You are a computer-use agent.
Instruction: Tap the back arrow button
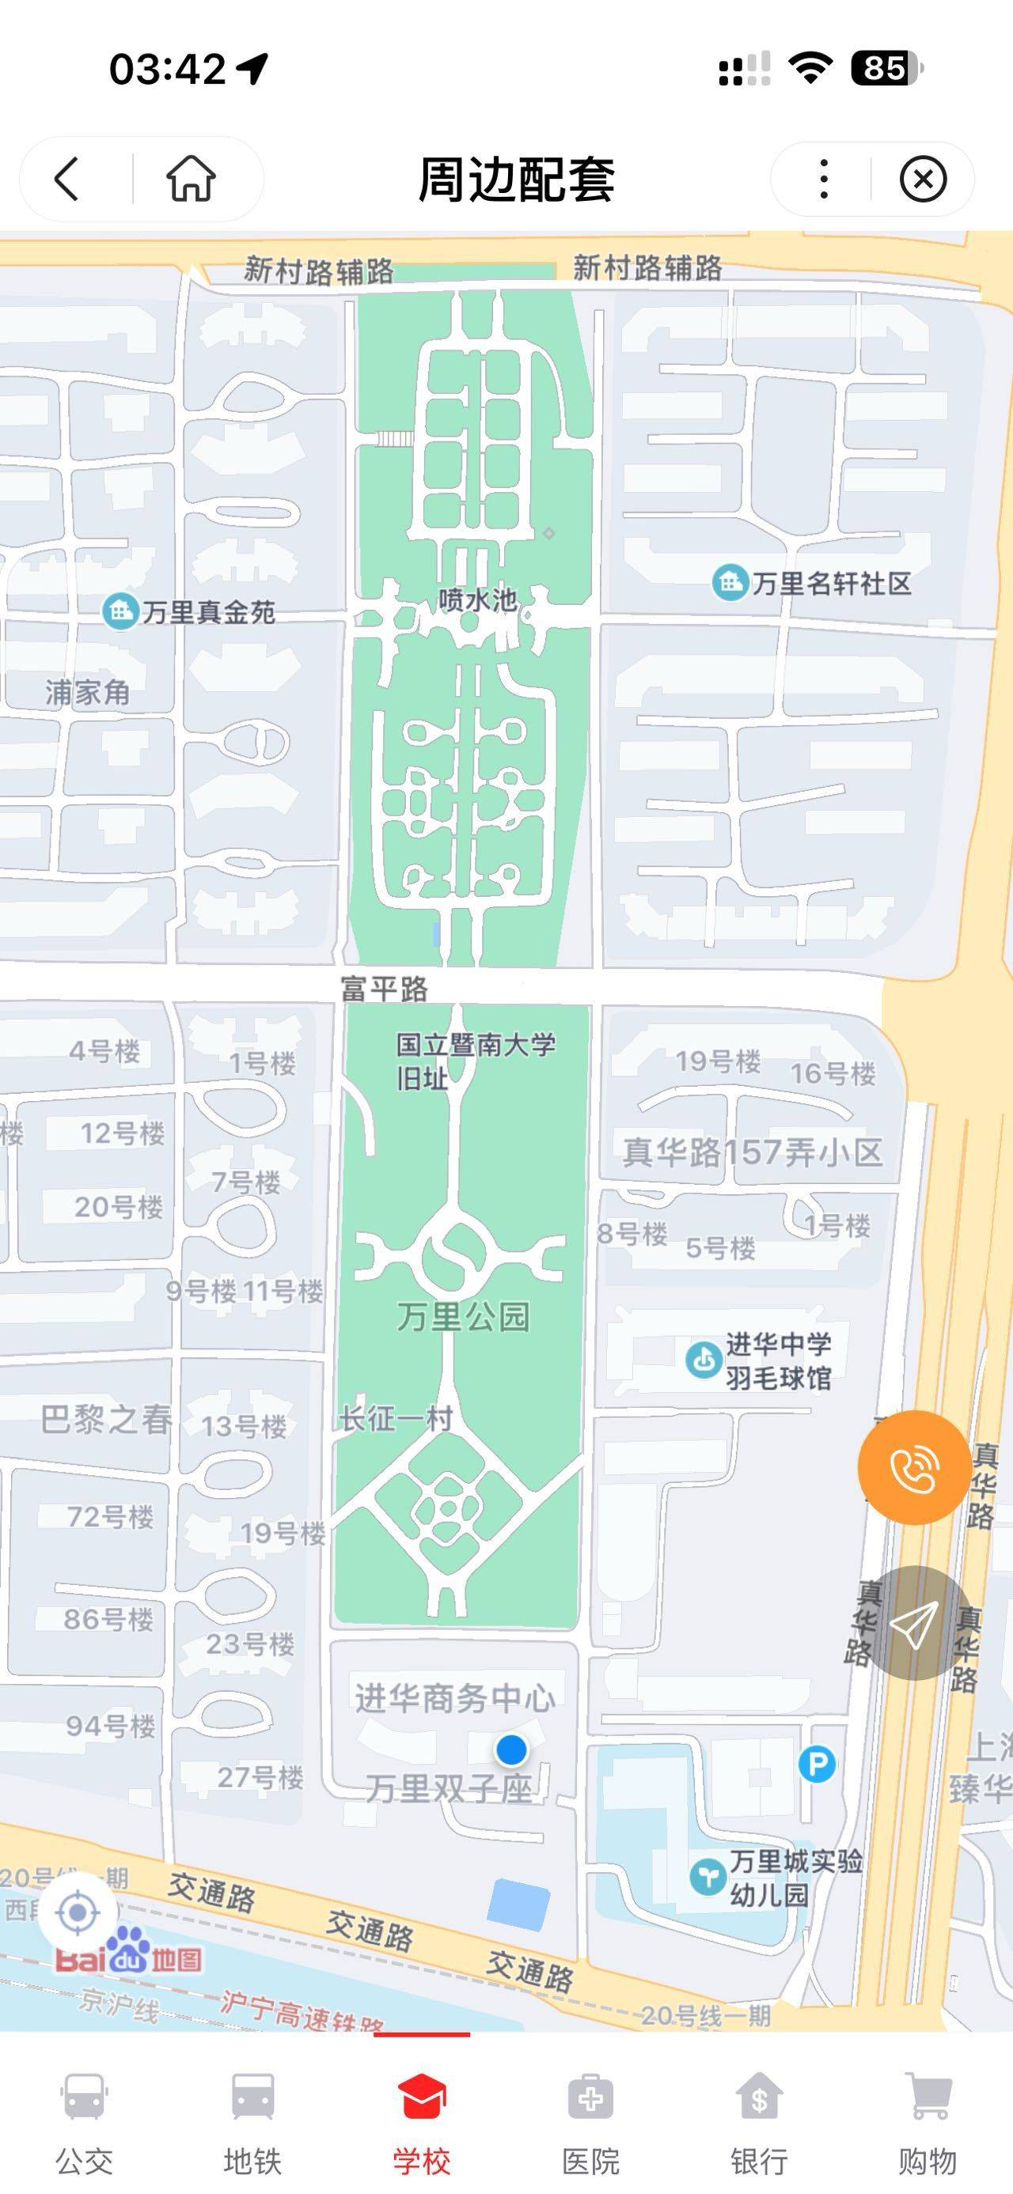[66, 179]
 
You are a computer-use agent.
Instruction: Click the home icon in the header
[190, 179]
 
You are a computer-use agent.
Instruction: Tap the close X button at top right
[923, 179]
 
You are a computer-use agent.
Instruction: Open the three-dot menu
[823, 179]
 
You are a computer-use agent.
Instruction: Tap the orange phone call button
[914, 1466]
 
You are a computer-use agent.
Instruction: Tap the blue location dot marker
[511, 1750]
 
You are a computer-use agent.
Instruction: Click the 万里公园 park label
[464, 1317]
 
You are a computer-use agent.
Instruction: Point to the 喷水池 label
[477, 600]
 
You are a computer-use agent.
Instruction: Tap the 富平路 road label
[385, 989]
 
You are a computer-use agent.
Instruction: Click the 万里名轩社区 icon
[730, 584]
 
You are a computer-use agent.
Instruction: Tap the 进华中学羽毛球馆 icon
[704, 1360]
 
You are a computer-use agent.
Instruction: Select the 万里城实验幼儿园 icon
[708, 1876]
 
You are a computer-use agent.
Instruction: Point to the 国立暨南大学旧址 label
[475, 1061]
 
